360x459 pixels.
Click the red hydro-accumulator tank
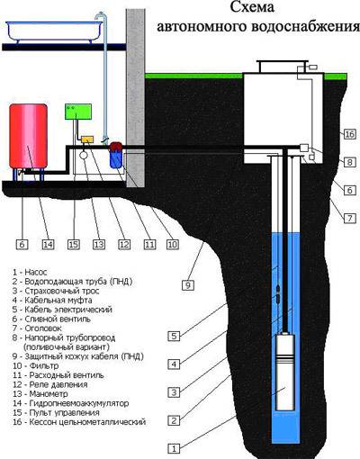point(28,136)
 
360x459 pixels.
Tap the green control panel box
point(78,112)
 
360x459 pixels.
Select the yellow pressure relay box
point(87,139)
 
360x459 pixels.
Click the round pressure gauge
point(83,155)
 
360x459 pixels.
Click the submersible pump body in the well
point(285,372)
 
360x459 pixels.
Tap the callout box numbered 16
point(349,134)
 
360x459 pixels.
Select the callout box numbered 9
point(188,284)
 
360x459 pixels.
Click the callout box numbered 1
point(174,448)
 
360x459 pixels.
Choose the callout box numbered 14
point(48,244)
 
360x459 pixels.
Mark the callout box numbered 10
point(173,244)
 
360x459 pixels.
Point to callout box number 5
point(174,336)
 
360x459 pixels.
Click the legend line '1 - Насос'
point(30,272)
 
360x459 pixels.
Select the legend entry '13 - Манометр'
point(40,393)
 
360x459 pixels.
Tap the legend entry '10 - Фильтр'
point(35,365)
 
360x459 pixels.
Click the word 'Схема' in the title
point(252,7)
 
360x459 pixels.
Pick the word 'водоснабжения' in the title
point(305,27)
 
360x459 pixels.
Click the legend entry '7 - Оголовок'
point(37,328)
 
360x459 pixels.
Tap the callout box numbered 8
point(349,162)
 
